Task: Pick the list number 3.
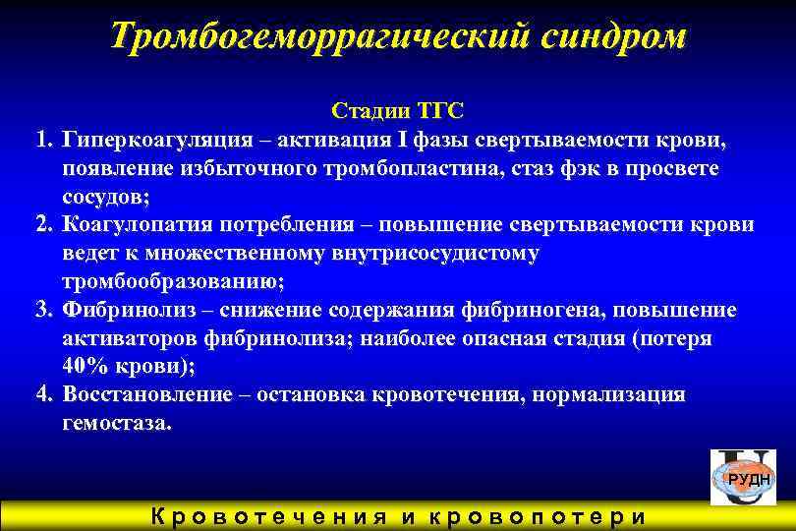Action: click(x=43, y=310)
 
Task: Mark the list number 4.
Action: click(x=43, y=395)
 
